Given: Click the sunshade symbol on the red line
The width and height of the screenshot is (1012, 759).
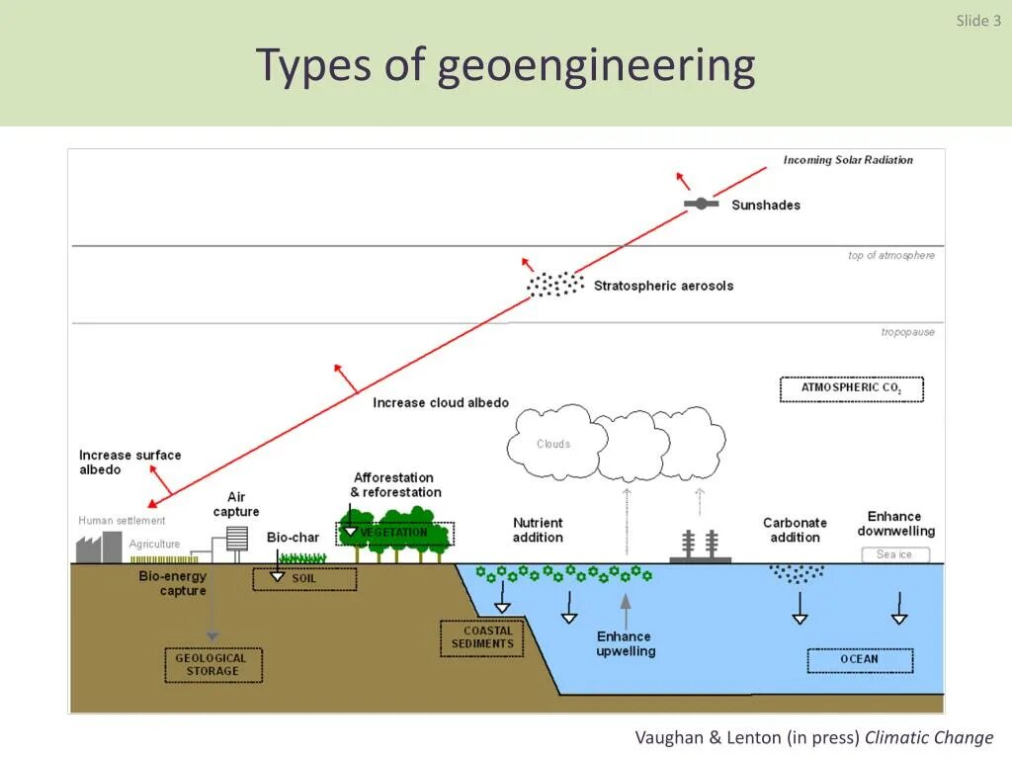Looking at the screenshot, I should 701,204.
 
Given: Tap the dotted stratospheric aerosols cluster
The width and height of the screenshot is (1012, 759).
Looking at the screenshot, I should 555,285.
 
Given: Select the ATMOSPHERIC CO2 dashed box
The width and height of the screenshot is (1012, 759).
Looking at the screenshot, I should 851,388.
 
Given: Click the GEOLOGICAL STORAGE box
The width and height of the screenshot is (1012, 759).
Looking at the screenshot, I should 212,664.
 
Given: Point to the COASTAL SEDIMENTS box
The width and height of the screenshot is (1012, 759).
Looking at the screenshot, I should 482,637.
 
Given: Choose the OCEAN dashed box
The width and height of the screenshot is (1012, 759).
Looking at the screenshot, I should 859,659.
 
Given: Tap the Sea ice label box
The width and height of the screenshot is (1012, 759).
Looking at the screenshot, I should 894,554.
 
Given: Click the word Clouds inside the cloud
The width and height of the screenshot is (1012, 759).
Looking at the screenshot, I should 553,444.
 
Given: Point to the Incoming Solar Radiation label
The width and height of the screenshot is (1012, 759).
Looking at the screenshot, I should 848,160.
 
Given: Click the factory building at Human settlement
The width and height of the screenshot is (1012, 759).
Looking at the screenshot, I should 99,547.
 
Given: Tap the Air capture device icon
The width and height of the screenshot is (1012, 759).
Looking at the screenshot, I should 236,538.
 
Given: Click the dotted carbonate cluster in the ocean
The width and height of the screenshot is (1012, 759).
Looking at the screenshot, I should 797,572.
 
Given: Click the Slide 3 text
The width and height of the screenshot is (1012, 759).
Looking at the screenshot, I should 978,21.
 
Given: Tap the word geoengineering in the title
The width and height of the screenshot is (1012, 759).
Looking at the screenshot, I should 596,66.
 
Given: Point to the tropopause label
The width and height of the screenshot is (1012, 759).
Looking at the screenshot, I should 907,332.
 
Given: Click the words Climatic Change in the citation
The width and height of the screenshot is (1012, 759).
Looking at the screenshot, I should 929,737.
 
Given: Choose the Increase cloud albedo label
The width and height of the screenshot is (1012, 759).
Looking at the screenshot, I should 441,402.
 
